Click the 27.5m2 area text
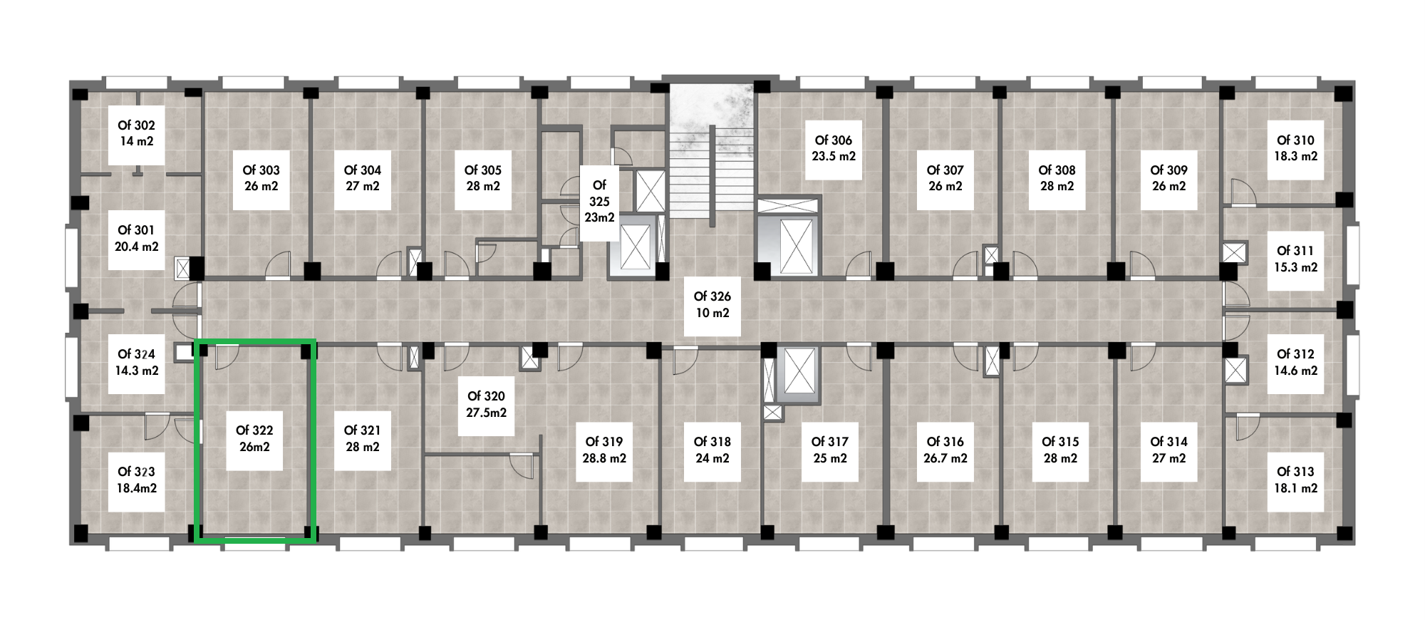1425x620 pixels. point(487,413)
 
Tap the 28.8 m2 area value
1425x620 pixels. point(604,458)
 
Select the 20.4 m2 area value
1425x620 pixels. point(137,247)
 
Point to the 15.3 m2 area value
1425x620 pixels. point(1296,267)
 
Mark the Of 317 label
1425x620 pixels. point(830,442)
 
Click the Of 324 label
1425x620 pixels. point(136,354)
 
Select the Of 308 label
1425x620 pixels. point(1057,170)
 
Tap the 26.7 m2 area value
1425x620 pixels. point(945,458)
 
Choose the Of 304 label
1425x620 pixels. point(363,170)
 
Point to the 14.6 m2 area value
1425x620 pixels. point(1296,371)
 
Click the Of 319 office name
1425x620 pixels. point(604,442)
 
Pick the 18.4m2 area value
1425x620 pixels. point(137,488)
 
